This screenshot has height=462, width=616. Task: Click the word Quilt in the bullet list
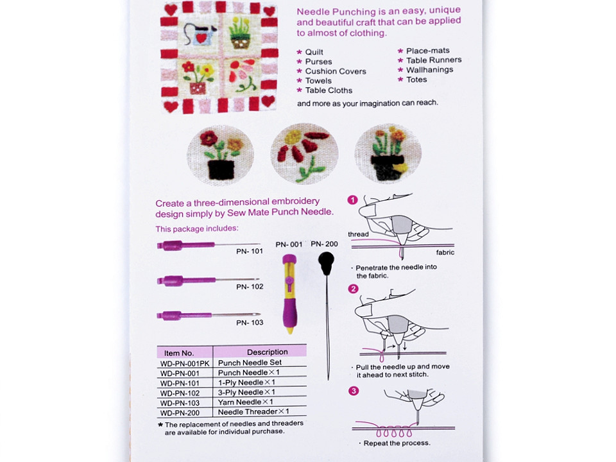click(314, 52)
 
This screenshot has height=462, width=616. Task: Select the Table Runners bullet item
click(434, 60)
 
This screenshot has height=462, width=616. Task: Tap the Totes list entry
click(416, 80)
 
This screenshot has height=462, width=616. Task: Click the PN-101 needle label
click(250, 251)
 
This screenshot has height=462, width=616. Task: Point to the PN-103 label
click(250, 323)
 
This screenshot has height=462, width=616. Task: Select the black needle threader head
click(327, 261)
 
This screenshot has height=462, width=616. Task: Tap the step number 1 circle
click(352, 200)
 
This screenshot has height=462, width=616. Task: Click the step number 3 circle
click(352, 391)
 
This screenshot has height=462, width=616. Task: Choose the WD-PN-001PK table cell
click(185, 363)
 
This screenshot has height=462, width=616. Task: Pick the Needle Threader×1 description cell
click(253, 412)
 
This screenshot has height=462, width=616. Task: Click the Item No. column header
click(179, 352)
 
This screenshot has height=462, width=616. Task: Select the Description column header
click(267, 352)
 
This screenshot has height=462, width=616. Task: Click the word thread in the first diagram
click(358, 234)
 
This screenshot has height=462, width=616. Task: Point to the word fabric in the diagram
click(445, 253)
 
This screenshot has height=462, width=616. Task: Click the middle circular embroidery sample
click(304, 154)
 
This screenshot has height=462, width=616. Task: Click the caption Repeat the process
click(397, 443)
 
